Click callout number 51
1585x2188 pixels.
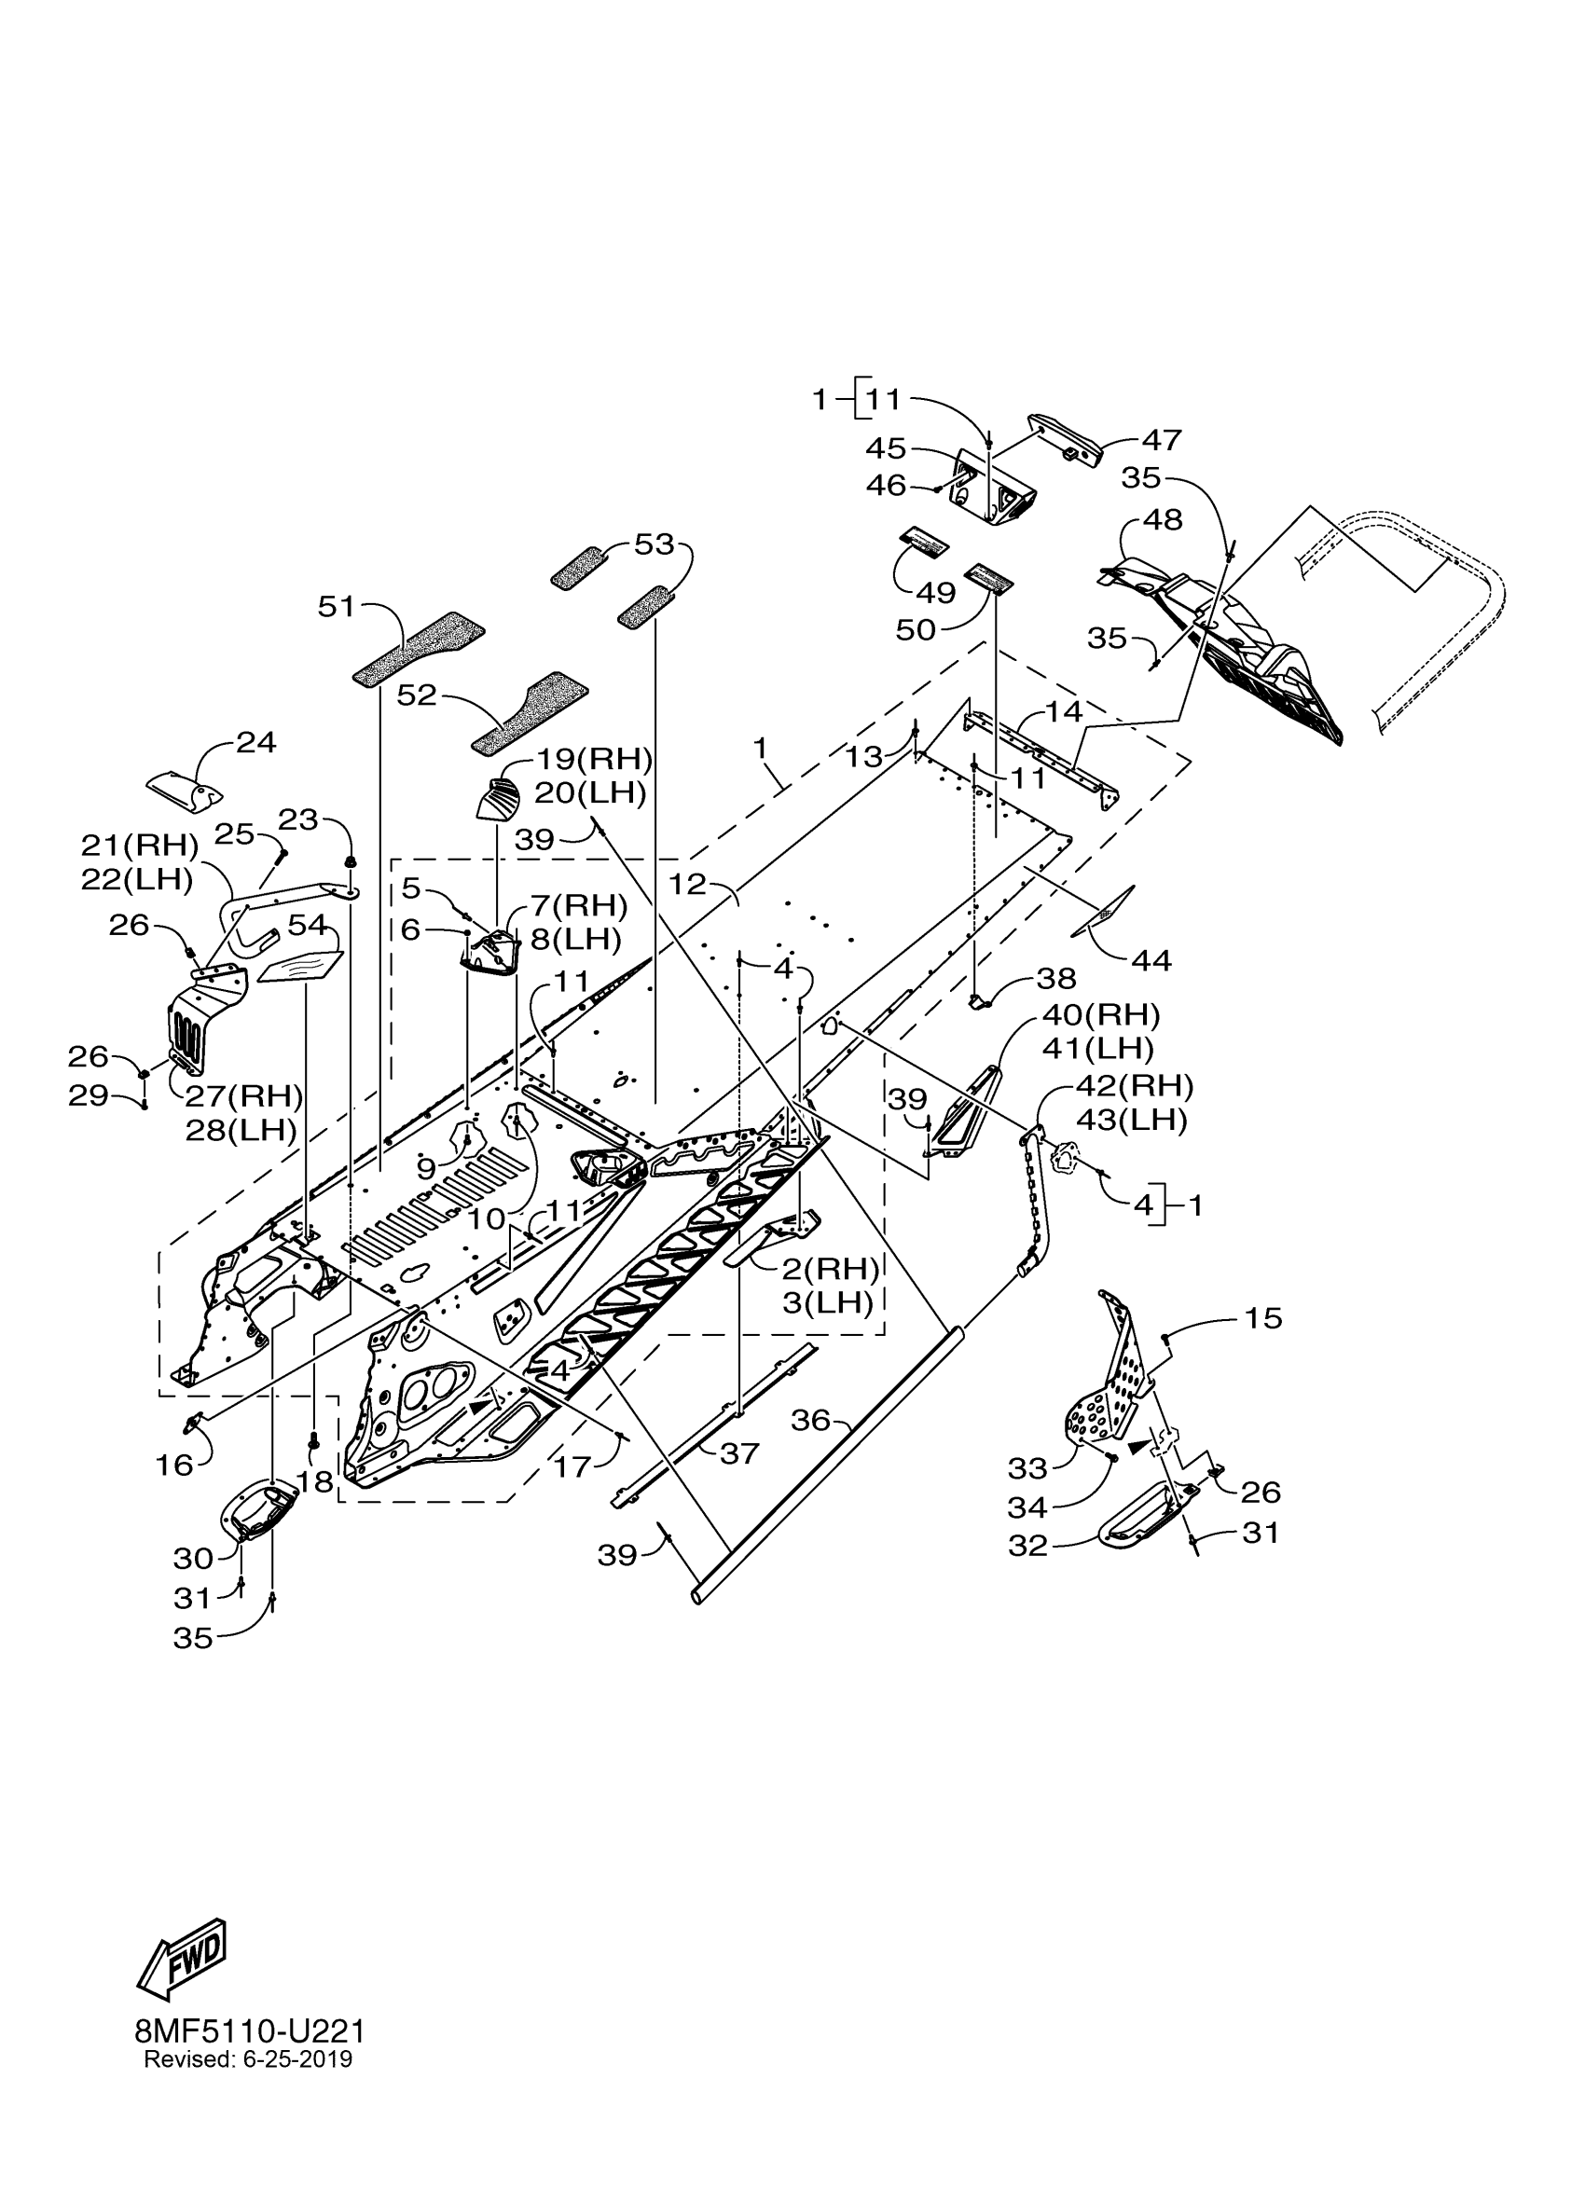[337, 608]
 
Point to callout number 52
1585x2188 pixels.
[417, 695]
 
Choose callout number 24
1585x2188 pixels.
[256, 743]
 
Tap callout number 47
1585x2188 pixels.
[1162, 440]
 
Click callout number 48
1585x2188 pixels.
[1163, 520]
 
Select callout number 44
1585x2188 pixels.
[1151, 960]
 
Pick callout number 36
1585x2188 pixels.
[810, 1419]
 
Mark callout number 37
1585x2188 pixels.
[740, 1452]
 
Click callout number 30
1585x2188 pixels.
[193, 1558]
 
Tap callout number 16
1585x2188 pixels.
[174, 1466]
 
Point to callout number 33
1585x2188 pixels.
[1027, 1468]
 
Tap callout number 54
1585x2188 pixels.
[308, 925]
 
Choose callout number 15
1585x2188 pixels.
[1263, 1318]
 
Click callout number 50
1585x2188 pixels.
[916, 630]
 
